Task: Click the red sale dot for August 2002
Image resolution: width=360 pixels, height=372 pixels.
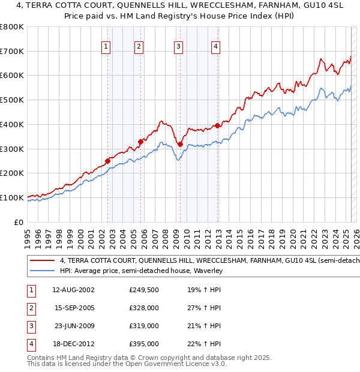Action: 107,161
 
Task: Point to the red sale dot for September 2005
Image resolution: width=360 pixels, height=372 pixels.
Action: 140,142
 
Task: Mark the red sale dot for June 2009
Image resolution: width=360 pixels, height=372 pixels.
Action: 180,144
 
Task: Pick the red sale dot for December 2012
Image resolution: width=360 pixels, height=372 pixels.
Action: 217,125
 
